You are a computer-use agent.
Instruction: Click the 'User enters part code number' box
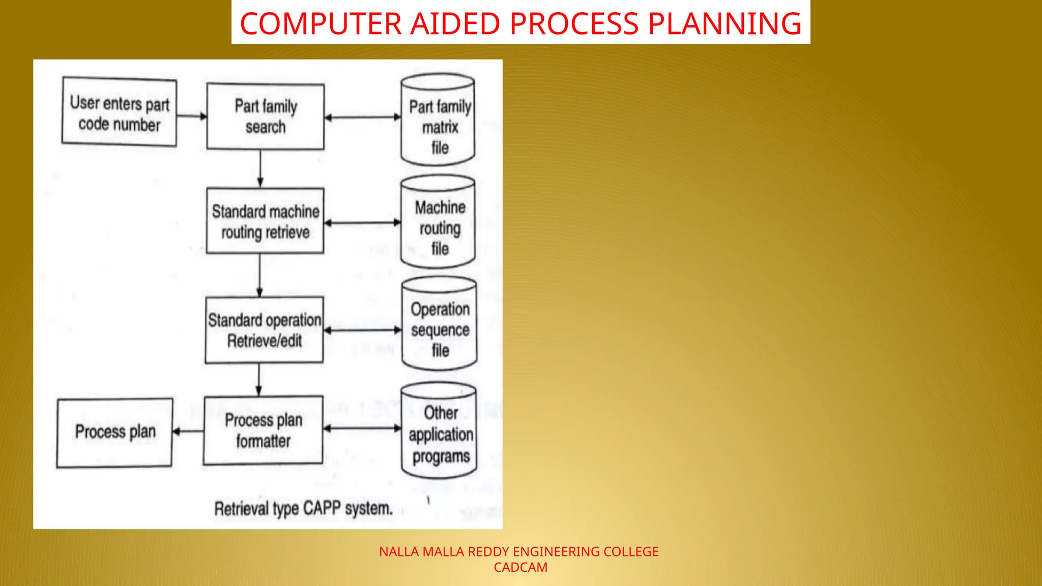(119, 112)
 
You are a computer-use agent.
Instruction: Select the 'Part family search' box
(265, 116)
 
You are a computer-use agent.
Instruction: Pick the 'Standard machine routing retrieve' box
(265, 221)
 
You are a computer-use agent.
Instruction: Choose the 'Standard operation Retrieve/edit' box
(264, 330)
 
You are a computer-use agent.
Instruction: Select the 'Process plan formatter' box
(263, 430)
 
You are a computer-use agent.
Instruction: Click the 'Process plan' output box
(114, 432)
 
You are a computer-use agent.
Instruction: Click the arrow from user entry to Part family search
(192, 116)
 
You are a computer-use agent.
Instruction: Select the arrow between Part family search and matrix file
(362, 118)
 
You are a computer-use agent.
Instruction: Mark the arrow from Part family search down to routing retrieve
(260, 168)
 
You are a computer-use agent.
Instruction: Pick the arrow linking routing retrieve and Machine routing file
(362, 223)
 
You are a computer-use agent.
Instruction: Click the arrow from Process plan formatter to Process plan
(188, 431)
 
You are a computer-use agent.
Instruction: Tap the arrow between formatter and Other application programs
(362, 428)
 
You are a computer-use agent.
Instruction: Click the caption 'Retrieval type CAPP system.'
(303, 508)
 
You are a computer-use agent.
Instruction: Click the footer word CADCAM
(520, 568)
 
